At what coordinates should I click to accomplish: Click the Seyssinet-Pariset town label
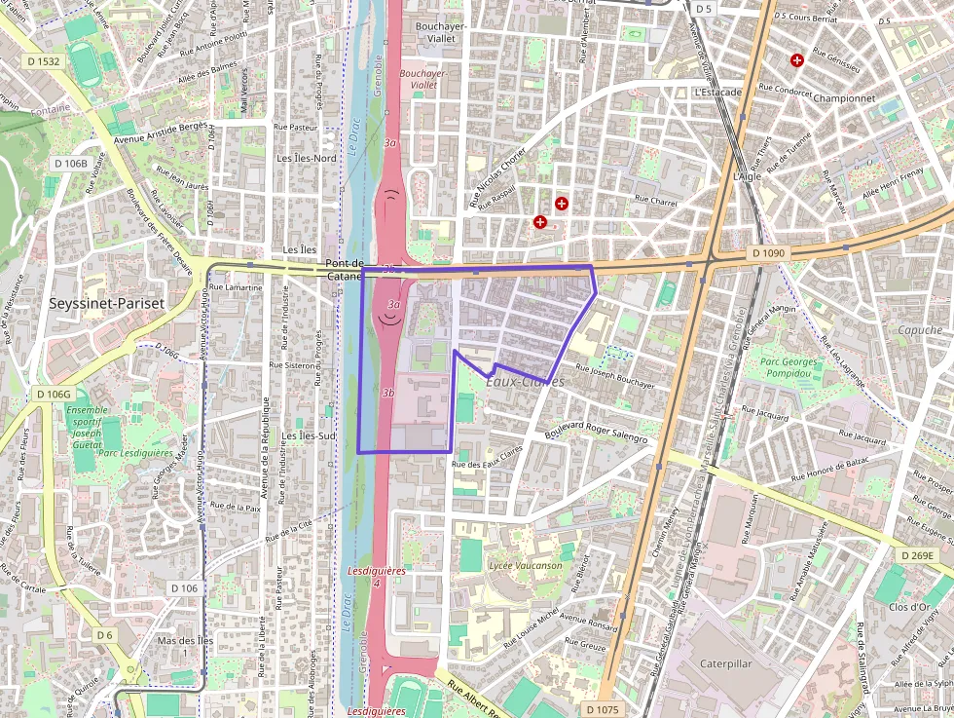(107, 303)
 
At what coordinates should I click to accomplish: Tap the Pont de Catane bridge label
(345, 270)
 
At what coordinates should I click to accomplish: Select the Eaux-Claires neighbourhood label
(524, 382)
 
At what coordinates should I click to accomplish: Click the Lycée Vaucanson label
(526, 565)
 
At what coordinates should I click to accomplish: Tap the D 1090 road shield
(768, 252)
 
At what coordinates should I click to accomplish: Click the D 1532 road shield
(43, 60)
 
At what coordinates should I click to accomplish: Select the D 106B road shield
(70, 163)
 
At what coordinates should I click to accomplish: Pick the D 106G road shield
(54, 394)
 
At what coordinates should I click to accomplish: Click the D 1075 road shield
(603, 709)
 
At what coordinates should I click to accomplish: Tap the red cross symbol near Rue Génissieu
(797, 60)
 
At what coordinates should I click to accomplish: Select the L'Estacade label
(717, 93)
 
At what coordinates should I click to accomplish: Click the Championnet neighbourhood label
(844, 98)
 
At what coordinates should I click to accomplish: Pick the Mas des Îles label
(185, 641)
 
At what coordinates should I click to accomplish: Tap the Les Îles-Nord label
(307, 158)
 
